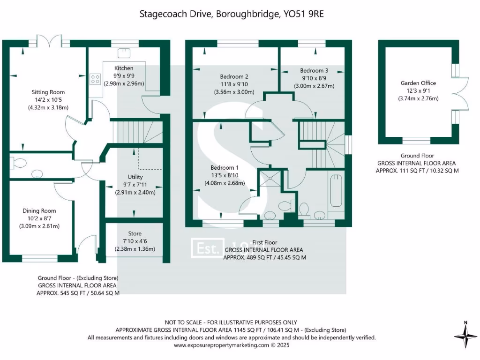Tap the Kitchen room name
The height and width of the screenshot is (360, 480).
(x=124, y=68)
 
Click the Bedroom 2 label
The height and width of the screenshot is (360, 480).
(x=234, y=76)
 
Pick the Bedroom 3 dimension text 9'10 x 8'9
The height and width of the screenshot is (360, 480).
(x=314, y=78)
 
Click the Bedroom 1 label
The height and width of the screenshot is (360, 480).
(x=224, y=168)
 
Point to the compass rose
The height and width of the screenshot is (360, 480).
(x=465, y=336)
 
